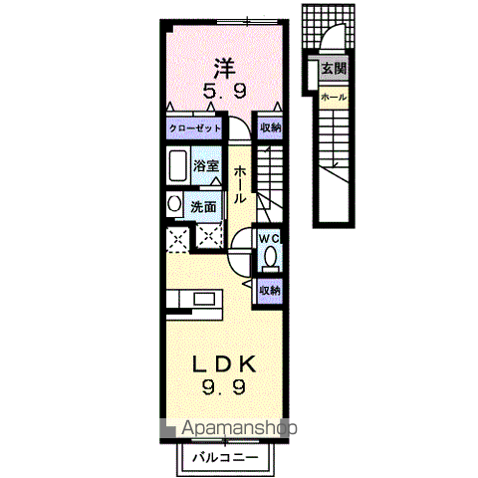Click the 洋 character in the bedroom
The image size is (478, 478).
225,69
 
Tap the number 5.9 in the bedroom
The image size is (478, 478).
225,92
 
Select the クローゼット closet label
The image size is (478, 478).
193,128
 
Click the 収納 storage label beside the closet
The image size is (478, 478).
270,128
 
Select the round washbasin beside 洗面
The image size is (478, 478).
175,205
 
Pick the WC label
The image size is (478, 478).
269,239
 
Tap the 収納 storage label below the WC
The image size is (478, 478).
269,290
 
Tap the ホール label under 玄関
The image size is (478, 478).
334,97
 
